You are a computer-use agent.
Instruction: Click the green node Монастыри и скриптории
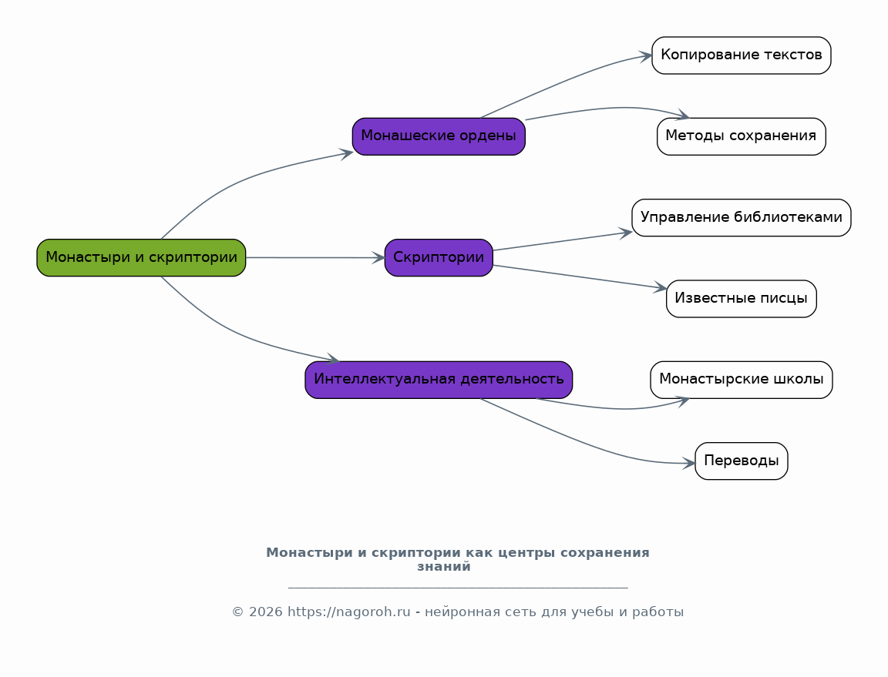(x=141, y=257)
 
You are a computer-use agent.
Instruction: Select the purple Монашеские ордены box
(x=439, y=136)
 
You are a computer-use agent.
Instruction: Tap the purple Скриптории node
(x=439, y=257)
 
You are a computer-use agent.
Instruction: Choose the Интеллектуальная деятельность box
(x=439, y=380)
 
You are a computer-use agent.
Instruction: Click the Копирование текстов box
(x=741, y=55)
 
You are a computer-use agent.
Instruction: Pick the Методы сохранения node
(x=741, y=136)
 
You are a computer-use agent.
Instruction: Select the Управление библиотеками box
(x=741, y=217)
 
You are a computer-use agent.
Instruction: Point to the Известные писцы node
(x=741, y=299)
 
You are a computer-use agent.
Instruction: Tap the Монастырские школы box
(x=741, y=380)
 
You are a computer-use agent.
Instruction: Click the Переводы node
(x=741, y=461)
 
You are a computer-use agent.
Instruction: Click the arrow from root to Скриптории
(x=315, y=257)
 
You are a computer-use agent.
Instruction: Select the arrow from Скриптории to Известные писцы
(x=580, y=276)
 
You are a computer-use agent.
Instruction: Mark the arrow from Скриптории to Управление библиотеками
(x=563, y=241)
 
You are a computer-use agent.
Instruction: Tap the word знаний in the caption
(x=444, y=567)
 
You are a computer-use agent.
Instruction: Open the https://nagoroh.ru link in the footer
(x=349, y=612)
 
